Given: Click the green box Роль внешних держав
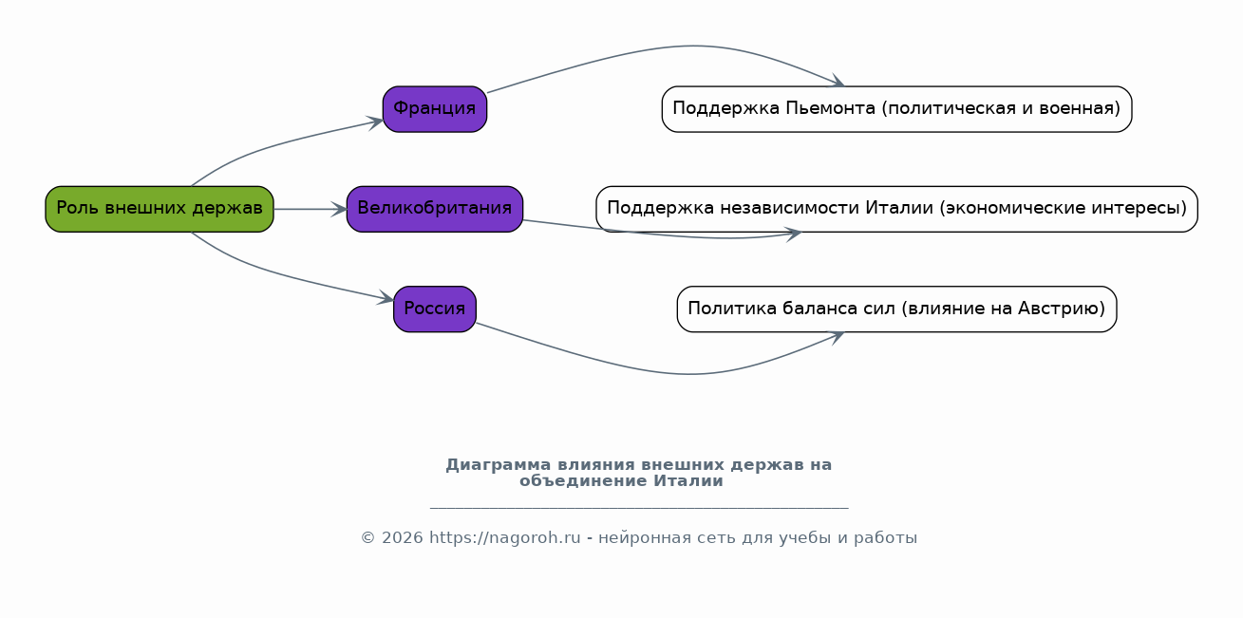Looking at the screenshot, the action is tap(160, 209).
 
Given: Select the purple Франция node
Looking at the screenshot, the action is tap(435, 109).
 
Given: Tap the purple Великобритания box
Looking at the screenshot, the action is tap(435, 209).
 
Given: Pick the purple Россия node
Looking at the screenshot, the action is tap(435, 309).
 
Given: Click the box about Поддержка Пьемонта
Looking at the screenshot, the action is tap(896, 109).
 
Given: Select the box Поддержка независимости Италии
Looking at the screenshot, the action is tap(896, 209).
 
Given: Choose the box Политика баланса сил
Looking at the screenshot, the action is tap(896, 309).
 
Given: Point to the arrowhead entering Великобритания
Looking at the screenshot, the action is tap(338, 209).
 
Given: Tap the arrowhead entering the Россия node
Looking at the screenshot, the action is tap(386, 297).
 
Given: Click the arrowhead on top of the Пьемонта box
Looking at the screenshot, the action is tap(836, 81).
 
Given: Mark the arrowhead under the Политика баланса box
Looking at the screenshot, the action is tap(836, 337).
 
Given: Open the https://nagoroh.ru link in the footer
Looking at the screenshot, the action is tap(505, 538).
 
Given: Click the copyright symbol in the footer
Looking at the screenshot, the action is tap(368, 538).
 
